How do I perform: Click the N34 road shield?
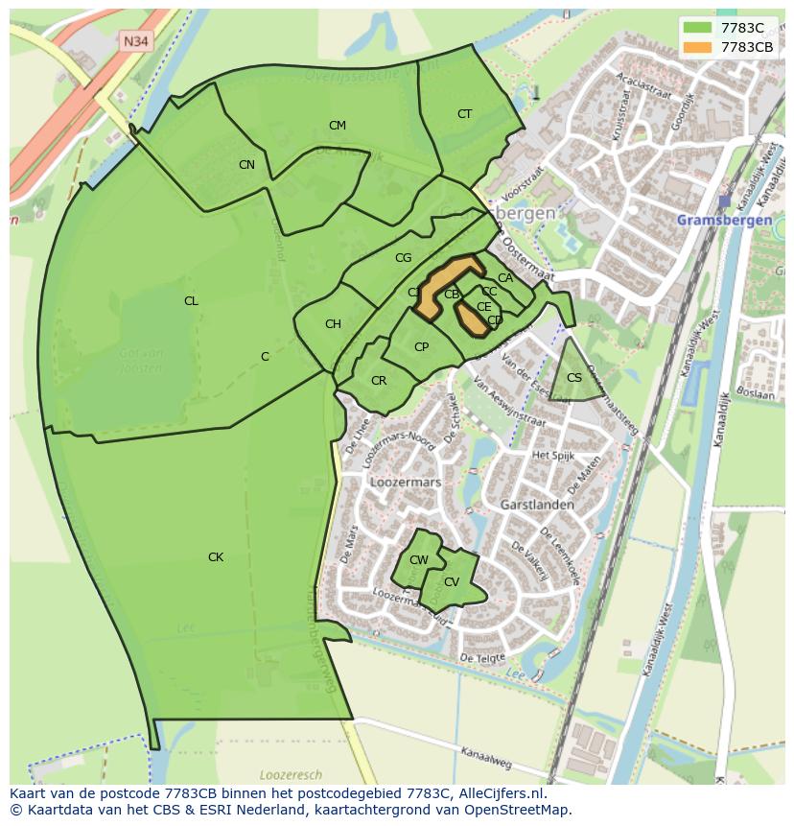tap(134, 41)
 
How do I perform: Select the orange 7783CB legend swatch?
tap(697, 47)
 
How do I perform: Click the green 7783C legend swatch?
tap(697, 28)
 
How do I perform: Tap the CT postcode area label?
tap(464, 114)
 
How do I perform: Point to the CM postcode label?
tap(337, 126)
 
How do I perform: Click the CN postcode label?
tap(246, 165)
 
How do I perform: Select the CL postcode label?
tap(191, 301)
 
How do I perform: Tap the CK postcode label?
tap(216, 557)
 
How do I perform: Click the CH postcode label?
tap(333, 324)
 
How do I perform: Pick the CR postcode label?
tap(379, 381)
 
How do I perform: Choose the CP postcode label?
tap(421, 347)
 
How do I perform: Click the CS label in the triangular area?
tap(574, 378)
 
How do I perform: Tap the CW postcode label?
tap(419, 560)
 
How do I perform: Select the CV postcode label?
tap(451, 582)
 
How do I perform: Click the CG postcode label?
tap(403, 258)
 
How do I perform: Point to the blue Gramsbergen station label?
tap(724, 220)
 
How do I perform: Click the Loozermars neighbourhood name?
tap(404, 483)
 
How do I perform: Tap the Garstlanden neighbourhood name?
tap(537, 504)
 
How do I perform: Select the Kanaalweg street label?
tap(486, 758)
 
